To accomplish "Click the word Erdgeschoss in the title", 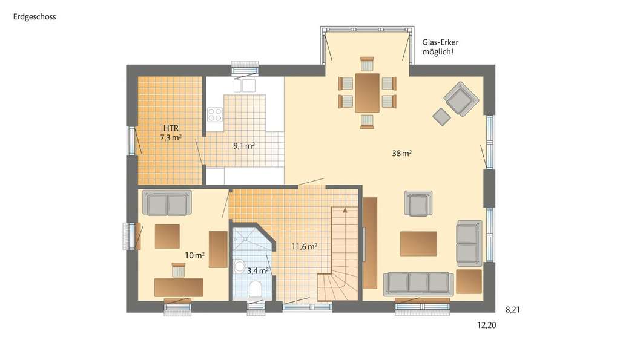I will pyautogui.click(x=35, y=17).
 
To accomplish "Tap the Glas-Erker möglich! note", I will pyautogui.click(x=438, y=47).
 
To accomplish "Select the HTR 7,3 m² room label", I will pyautogui.click(x=171, y=133).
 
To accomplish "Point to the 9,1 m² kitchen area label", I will pyautogui.click(x=243, y=145).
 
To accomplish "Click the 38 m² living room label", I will pyautogui.click(x=401, y=154).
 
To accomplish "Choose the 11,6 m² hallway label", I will pyautogui.click(x=305, y=246).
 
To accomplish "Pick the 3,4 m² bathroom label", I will pyautogui.click(x=257, y=270).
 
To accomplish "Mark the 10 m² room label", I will pyautogui.click(x=194, y=255).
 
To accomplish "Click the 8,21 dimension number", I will pyautogui.click(x=513, y=310).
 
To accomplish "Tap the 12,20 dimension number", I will pyautogui.click(x=487, y=326).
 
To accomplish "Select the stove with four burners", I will pyautogui.click(x=215, y=114).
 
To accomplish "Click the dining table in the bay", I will pyautogui.click(x=367, y=93).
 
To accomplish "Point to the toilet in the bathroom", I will pyautogui.click(x=255, y=289).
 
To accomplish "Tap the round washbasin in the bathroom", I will pyautogui.click(x=239, y=265).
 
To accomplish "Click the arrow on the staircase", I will pyautogui.click(x=345, y=211).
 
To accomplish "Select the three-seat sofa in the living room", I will pyautogui.click(x=418, y=283).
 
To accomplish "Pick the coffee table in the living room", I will pyautogui.click(x=418, y=243).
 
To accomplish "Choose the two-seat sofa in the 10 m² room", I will pyautogui.click(x=167, y=203).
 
